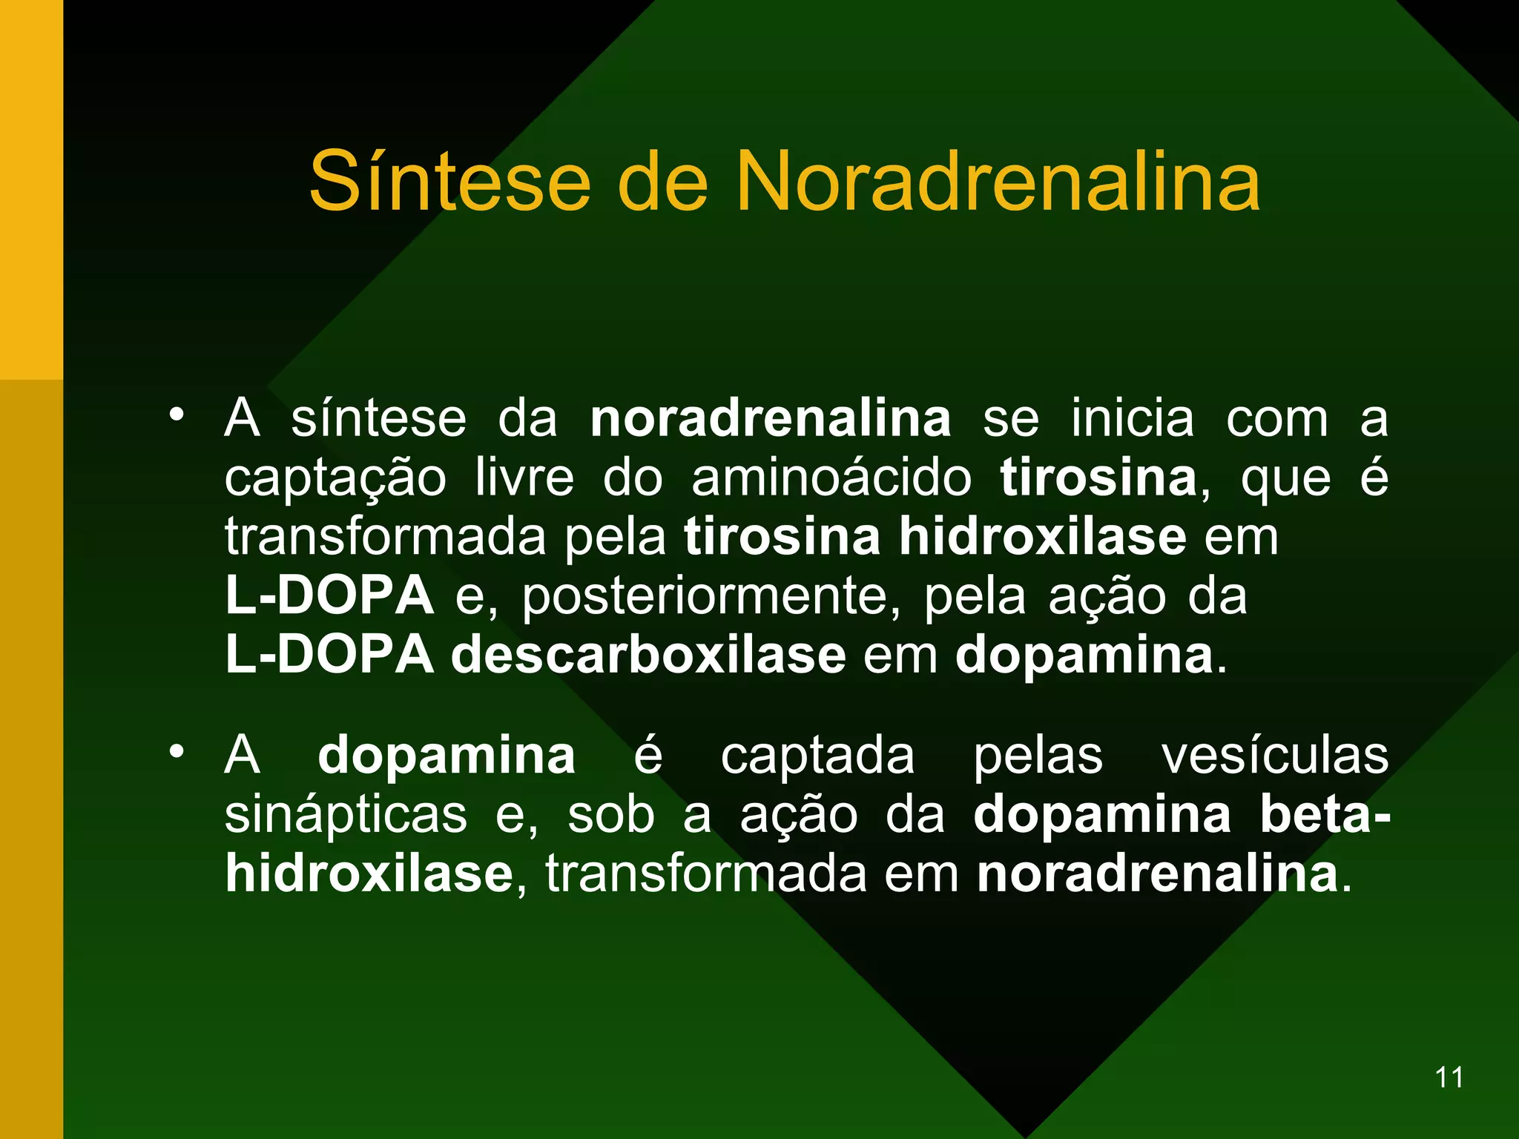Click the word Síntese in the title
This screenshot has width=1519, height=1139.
click(x=449, y=182)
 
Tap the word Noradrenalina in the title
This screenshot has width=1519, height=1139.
click(x=997, y=182)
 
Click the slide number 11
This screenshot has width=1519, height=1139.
click(x=1449, y=1077)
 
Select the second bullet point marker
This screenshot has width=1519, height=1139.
click(x=176, y=751)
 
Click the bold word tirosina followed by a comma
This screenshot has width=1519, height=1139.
click(x=1098, y=478)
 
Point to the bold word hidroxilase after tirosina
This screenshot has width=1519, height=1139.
click(x=1042, y=537)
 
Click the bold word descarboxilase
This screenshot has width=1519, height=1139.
click(x=648, y=656)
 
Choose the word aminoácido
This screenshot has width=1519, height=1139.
click(x=831, y=479)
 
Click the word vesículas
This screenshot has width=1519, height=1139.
click(x=1274, y=756)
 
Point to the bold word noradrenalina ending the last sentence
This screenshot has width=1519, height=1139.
click(x=1157, y=875)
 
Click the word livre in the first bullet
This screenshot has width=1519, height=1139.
click(x=524, y=478)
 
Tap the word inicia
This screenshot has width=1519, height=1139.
click(x=1133, y=419)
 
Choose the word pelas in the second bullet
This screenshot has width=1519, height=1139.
click(x=1038, y=756)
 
